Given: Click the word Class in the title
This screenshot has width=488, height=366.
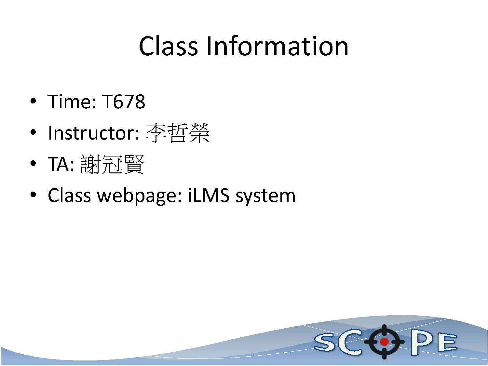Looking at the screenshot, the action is (168, 46).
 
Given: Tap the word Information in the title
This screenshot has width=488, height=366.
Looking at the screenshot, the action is (277, 46).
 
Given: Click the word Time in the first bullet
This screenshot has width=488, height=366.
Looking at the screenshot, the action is (70, 102).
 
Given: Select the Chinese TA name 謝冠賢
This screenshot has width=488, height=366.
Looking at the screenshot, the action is (112, 164).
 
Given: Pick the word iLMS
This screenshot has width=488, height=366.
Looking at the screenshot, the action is (208, 195).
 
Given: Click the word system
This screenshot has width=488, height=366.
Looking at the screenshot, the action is (265, 197).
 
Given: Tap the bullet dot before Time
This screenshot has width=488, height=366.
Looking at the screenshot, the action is (33, 101).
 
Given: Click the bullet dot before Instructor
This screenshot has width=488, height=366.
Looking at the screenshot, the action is (33, 132).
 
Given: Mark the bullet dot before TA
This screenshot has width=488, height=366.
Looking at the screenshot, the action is (33, 164).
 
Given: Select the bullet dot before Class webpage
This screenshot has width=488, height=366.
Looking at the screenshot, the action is (33, 195).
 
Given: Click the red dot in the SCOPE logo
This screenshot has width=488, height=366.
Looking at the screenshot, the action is (384, 342).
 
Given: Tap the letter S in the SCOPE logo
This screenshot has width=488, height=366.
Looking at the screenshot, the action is (326, 343).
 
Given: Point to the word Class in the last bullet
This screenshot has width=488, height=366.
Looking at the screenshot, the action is (69, 195).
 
